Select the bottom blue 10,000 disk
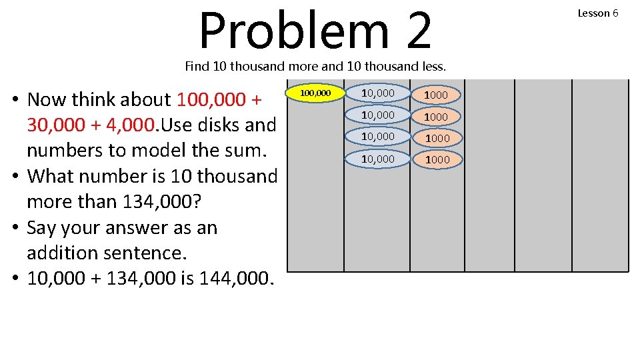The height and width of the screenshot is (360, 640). (x=377, y=159)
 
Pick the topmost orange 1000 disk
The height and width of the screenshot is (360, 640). (x=436, y=95)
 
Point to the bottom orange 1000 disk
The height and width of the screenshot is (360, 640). (x=437, y=159)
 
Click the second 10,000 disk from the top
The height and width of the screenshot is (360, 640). (x=377, y=115)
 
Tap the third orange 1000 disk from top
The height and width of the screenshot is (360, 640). (x=437, y=138)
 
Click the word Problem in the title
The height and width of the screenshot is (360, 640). (x=293, y=30)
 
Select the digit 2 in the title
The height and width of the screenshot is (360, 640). (x=418, y=30)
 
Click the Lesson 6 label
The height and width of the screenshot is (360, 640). (x=597, y=13)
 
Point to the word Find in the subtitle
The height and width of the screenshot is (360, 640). (x=197, y=66)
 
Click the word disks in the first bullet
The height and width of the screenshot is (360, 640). (x=217, y=125)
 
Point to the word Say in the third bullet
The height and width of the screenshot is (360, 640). (x=41, y=228)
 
